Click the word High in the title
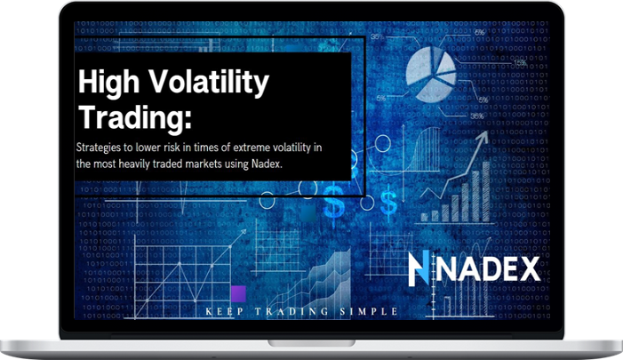click(108, 82)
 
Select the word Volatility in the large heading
click(209, 82)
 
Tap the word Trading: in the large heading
click(135, 116)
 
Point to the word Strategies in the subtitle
click(99, 148)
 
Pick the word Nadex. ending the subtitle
click(267, 164)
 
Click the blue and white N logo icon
click(419, 268)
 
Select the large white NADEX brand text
click(488, 269)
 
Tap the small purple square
click(238, 293)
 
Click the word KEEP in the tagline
click(225, 311)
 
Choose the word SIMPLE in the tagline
click(369, 311)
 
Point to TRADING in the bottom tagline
click(292, 311)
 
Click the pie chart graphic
click(431, 74)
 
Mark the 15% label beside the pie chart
click(520, 63)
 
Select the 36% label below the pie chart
click(476, 116)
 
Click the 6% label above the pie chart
click(480, 33)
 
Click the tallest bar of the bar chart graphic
click(486, 191)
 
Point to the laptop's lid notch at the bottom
click(311, 343)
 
